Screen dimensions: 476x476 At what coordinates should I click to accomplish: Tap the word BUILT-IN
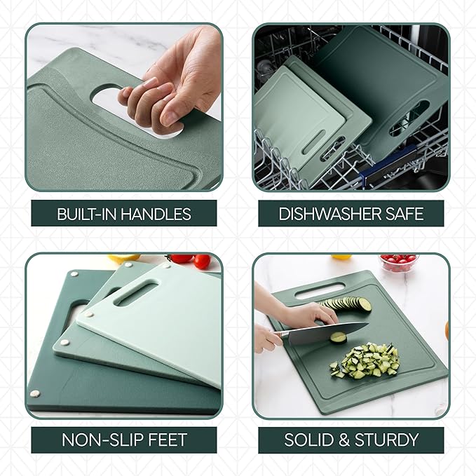[x=86, y=214]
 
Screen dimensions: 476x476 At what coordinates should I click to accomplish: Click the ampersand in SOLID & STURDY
[x=347, y=440]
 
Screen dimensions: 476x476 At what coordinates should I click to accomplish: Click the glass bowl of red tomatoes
[x=399, y=263]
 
